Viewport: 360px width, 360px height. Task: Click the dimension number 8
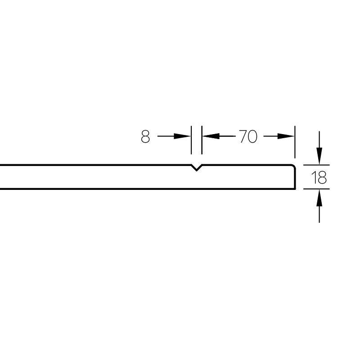point(145,136)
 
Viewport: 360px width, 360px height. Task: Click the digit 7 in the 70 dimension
point(243,136)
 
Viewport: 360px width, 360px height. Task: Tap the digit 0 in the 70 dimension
point(252,136)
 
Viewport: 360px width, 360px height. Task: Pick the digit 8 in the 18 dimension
point(321,178)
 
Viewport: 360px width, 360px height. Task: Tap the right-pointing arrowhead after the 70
point(287,136)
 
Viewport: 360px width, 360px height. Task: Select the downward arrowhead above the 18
point(319,157)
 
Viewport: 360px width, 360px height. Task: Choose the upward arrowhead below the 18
point(319,197)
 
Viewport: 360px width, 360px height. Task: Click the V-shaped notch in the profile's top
point(196,169)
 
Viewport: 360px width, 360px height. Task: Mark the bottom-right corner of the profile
point(295,189)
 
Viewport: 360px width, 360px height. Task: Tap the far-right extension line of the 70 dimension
point(295,142)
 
